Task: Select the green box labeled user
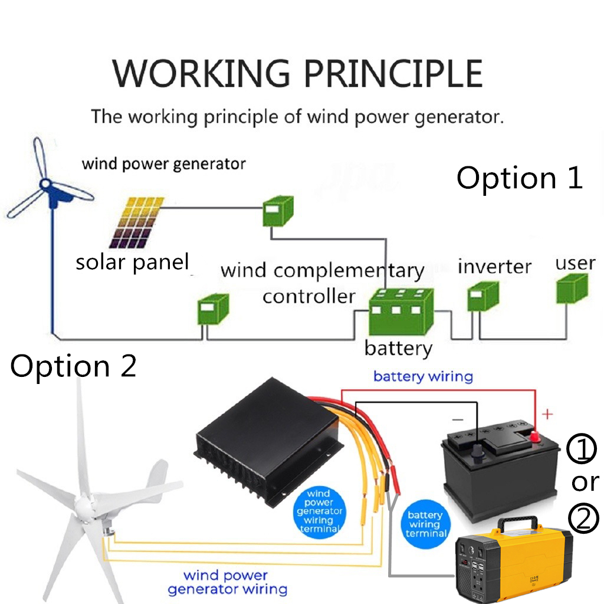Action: coord(572,288)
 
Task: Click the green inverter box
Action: coord(483,296)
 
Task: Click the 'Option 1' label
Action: coord(520,178)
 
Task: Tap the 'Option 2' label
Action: coord(73,366)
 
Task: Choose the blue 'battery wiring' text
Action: coord(423,376)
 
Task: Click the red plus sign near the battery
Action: coord(547,415)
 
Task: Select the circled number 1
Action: coord(582,449)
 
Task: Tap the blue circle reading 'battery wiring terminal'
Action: coord(425,524)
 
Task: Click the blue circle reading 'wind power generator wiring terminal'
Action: coord(319,511)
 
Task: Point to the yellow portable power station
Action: coord(513,557)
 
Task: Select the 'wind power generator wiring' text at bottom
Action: coord(227,582)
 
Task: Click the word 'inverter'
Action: coord(494,266)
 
